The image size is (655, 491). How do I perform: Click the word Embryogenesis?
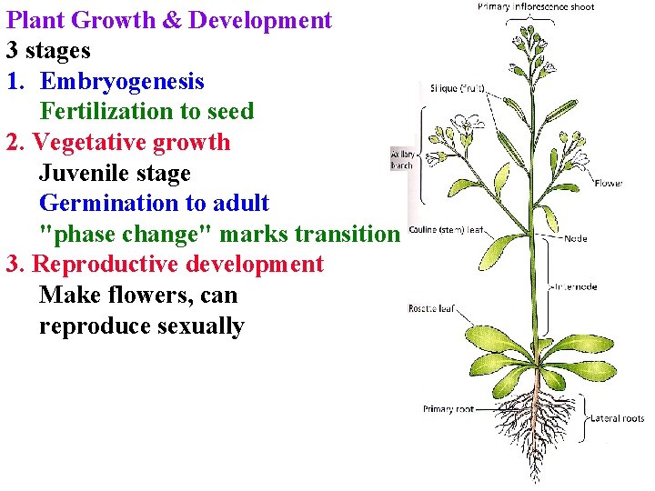[122, 82]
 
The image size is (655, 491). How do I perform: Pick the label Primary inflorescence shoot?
[536, 7]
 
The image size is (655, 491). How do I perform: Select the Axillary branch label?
[401, 159]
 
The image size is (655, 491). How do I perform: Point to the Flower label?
[608, 183]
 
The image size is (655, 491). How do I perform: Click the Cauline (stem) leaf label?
[447, 231]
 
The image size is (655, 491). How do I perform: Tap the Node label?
[575, 239]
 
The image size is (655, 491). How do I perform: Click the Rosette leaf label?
[431, 309]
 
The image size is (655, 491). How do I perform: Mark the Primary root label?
[448, 409]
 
